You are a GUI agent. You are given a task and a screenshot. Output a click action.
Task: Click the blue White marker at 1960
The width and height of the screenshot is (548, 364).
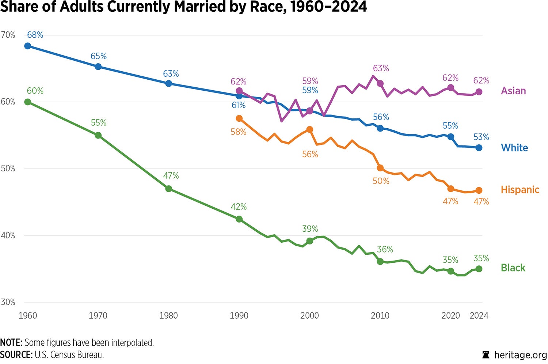pyautogui.click(x=27, y=46)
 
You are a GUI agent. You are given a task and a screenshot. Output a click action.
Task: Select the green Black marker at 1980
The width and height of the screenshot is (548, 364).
pyautogui.click(x=168, y=189)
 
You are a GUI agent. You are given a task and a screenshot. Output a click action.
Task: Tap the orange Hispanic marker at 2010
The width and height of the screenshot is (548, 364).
pyautogui.click(x=380, y=168)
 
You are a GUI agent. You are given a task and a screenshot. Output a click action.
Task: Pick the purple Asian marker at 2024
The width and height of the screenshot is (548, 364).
pyautogui.click(x=479, y=92)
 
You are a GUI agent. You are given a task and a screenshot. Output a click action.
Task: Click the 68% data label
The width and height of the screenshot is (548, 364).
pyautogui.click(x=35, y=35)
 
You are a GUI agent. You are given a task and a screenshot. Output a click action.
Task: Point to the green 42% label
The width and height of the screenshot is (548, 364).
pyautogui.click(x=239, y=207)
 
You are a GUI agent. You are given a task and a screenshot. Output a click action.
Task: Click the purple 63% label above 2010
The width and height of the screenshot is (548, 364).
pyautogui.click(x=381, y=68)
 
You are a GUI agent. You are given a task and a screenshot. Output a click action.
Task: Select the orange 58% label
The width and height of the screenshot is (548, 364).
pyautogui.click(x=238, y=132)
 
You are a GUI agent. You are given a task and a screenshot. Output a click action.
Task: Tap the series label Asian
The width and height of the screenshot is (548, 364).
pyautogui.click(x=513, y=91)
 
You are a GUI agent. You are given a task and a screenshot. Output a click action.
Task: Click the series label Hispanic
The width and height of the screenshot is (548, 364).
pyautogui.click(x=520, y=190)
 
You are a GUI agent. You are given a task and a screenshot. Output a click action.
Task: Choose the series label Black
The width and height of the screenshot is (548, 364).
pyautogui.click(x=513, y=268)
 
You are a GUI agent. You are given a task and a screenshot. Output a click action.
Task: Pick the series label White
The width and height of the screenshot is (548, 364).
pyautogui.click(x=514, y=148)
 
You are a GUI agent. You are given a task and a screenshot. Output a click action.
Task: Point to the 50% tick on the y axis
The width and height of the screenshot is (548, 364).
pyautogui.click(x=8, y=168)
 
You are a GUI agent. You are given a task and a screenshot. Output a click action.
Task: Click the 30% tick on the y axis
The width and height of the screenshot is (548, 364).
pyautogui.click(x=8, y=302)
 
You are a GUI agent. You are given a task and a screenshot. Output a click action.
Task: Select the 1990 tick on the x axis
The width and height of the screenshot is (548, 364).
pyautogui.click(x=239, y=315)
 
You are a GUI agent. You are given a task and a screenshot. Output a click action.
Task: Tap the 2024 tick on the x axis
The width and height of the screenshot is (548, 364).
pyautogui.click(x=479, y=315)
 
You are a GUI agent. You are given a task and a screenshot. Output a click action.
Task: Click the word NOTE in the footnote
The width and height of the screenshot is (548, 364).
pyautogui.click(x=11, y=343)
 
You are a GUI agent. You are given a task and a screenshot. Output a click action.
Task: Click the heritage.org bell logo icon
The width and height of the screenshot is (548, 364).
pyautogui.click(x=486, y=355)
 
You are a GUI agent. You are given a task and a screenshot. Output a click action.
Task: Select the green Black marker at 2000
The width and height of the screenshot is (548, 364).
pyautogui.click(x=309, y=241)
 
